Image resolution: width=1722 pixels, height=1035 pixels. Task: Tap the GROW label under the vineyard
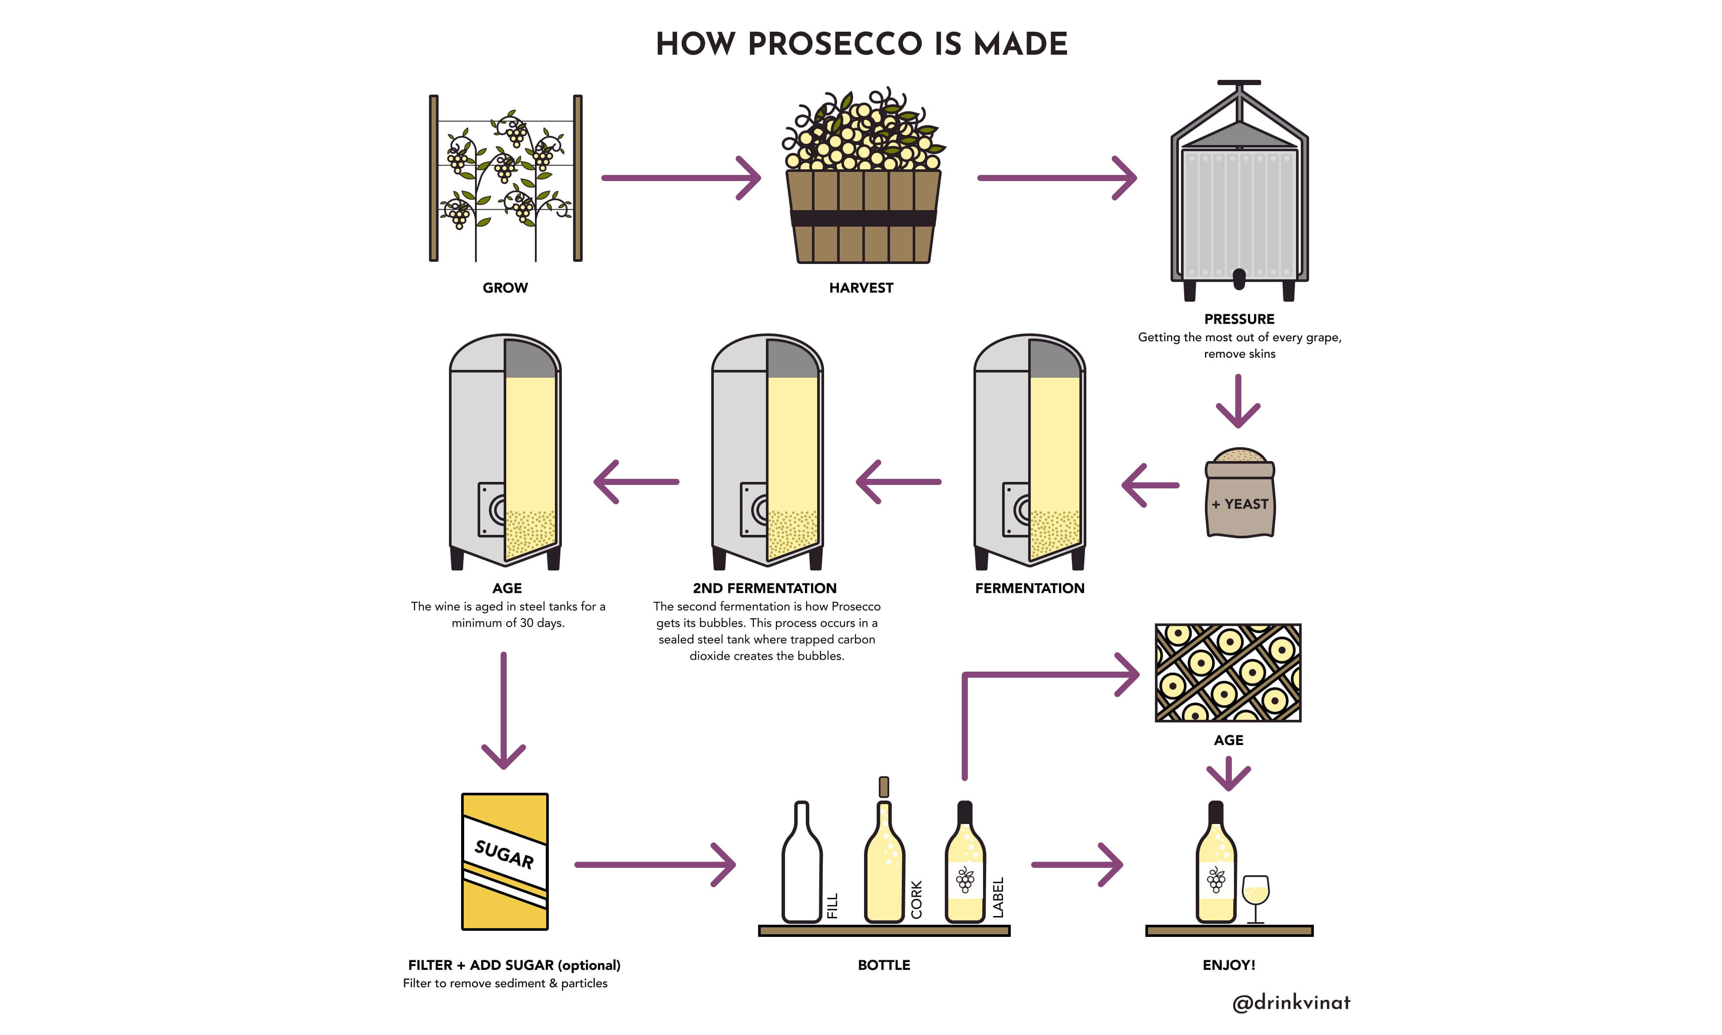(505, 287)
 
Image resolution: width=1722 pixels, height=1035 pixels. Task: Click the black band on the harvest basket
(863, 218)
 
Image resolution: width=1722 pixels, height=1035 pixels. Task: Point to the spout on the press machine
(1239, 280)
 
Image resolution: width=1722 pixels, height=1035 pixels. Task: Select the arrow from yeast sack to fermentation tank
(1149, 485)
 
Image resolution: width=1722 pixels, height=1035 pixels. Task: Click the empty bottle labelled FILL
(802, 865)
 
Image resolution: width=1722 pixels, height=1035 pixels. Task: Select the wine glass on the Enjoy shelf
(1255, 896)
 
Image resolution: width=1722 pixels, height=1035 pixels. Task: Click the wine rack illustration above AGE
(1227, 672)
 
